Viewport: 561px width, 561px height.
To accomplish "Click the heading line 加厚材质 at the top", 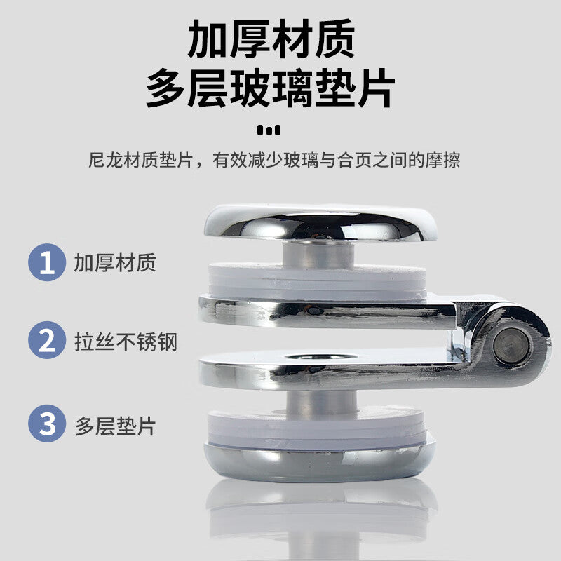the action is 271,39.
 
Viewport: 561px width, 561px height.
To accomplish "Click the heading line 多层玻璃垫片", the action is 271,88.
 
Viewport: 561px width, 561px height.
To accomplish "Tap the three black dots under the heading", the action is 269,130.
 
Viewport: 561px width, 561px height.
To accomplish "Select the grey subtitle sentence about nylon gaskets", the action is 274,160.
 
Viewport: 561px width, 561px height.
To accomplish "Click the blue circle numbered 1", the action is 47,262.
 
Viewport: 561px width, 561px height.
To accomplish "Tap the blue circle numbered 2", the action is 47,340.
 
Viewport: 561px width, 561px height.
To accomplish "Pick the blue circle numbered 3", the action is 47,424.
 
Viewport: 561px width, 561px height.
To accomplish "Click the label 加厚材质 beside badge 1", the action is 115,262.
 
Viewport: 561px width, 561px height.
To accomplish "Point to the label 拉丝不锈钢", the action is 126,342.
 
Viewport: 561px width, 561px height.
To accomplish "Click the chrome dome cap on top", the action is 320,222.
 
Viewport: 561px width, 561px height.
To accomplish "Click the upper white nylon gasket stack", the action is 318,283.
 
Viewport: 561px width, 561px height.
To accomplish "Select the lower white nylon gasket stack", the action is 317,428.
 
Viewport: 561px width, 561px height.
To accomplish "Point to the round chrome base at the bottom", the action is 320,461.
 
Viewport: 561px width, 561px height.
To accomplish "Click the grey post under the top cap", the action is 318,254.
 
